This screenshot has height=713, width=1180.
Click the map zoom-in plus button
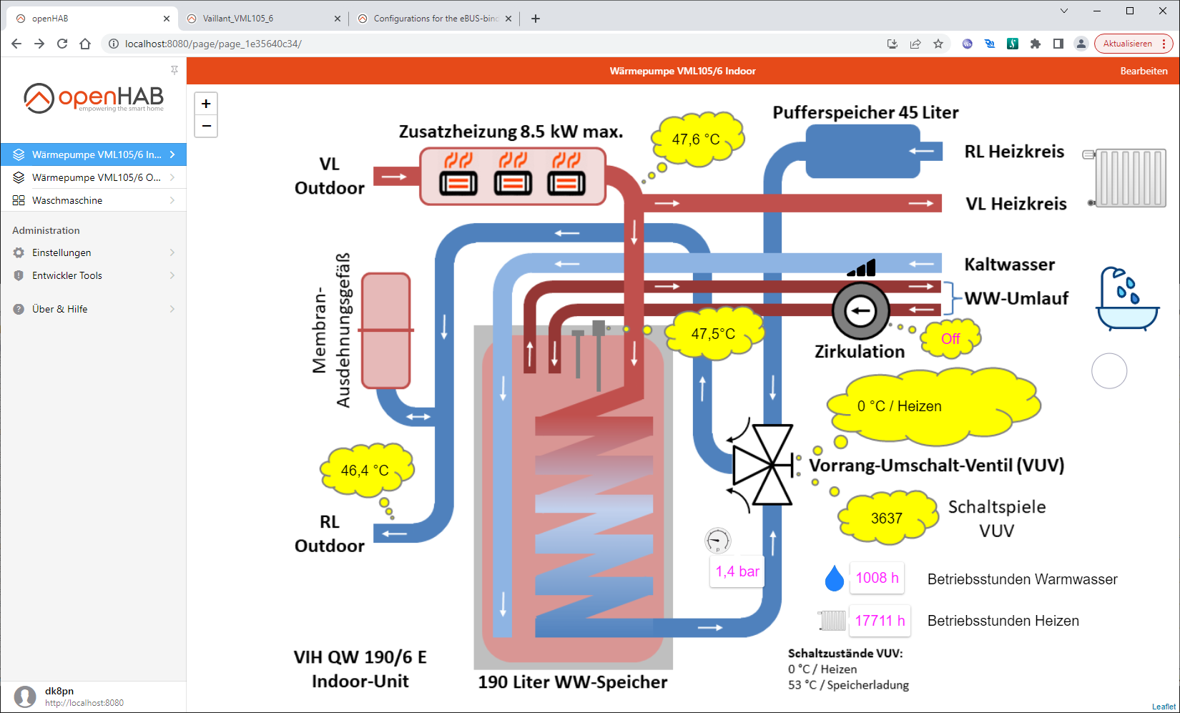click(206, 104)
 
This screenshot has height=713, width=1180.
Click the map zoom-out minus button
click(206, 127)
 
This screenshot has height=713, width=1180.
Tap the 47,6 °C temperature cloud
click(696, 138)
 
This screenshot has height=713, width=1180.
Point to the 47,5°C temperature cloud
click(713, 333)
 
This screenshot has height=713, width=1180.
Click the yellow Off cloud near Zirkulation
click(950, 338)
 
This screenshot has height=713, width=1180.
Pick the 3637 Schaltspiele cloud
click(887, 518)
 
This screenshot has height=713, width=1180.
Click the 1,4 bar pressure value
click(737, 571)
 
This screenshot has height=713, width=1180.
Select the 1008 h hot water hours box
click(877, 578)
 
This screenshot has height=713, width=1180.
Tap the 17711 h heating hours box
click(880, 621)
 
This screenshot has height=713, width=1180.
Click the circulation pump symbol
click(860, 310)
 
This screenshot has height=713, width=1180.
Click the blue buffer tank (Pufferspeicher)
click(862, 151)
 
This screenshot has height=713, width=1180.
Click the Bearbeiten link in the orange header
click(1144, 71)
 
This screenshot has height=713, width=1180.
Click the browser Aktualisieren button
click(1127, 44)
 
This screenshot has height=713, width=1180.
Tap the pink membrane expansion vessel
click(386, 330)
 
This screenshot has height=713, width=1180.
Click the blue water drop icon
click(834, 579)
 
